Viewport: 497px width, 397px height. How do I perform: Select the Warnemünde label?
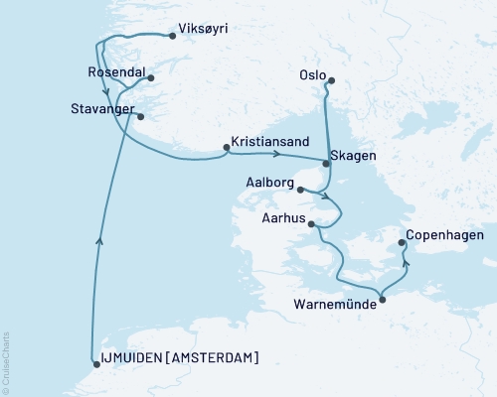335,305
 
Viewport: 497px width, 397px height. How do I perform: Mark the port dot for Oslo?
332,81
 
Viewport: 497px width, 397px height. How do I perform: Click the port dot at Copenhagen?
402,242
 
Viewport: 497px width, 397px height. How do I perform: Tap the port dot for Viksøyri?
173,37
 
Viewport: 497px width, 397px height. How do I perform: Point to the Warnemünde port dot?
383,298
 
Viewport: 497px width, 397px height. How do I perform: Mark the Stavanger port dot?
141,117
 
